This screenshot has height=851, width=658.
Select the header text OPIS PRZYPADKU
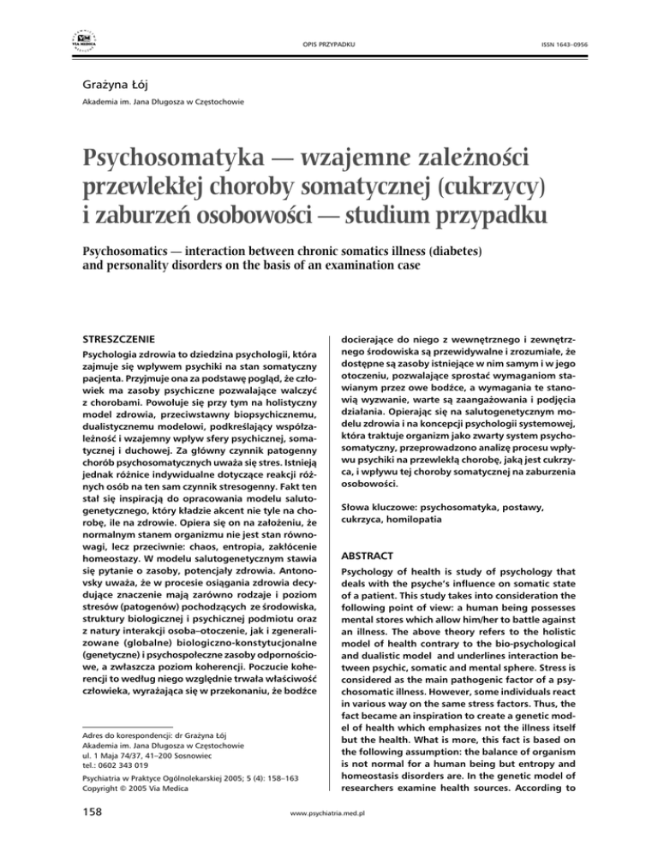[x=328, y=42]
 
